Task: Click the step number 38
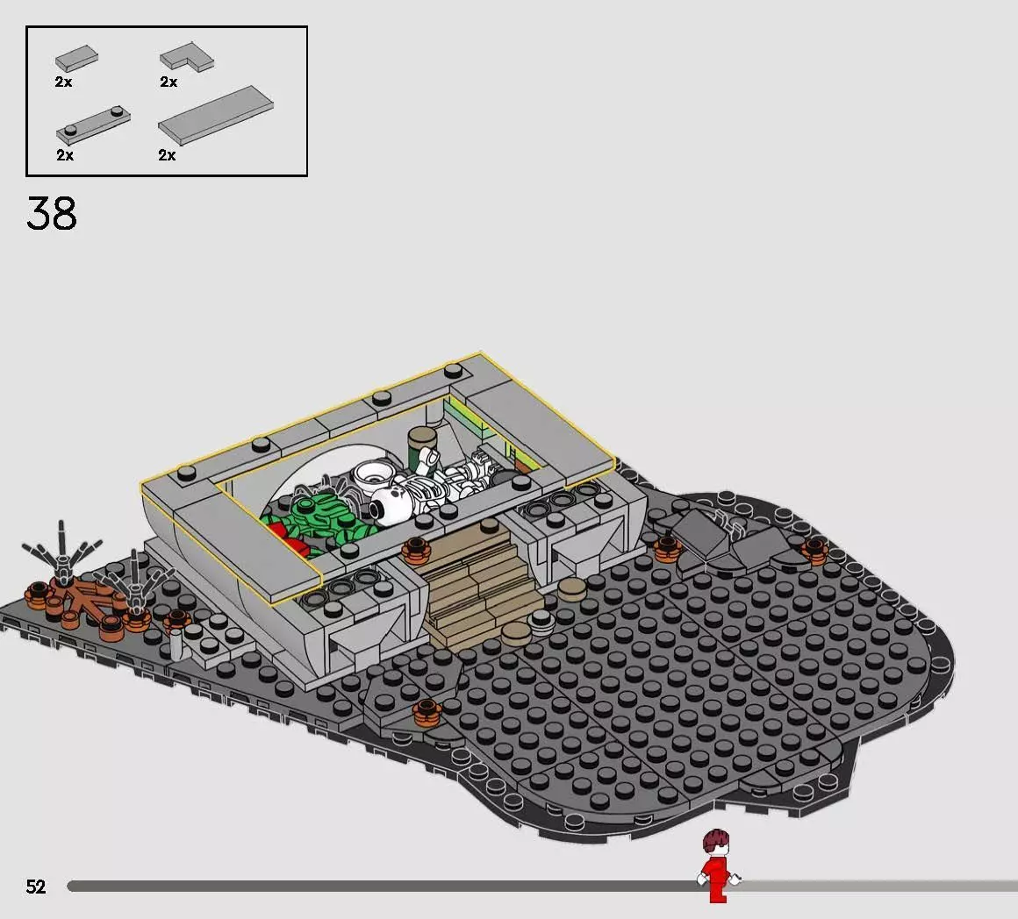[x=51, y=213]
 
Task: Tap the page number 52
[x=36, y=887]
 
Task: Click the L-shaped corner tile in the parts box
[x=187, y=57]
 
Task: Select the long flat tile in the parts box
[x=216, y=115]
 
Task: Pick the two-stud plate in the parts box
[x=93, y=125]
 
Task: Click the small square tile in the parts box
[x=76, y=59]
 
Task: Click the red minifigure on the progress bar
[x=717, y=866]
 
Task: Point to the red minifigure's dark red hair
[x=716, y=840]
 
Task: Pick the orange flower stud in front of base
[x=427, y=711]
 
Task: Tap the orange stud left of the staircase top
[x=416, y=551]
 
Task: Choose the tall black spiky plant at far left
[x=61, y=552]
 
